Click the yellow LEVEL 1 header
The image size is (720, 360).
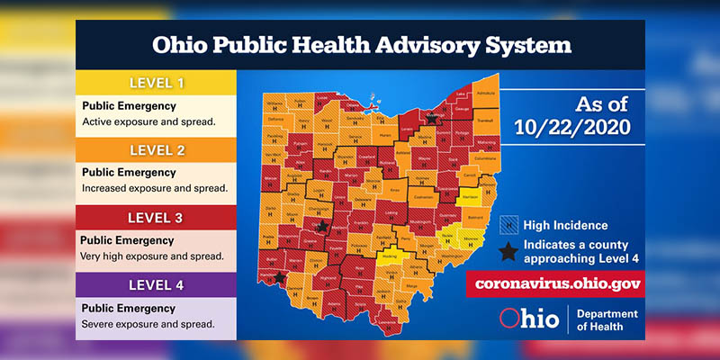155,83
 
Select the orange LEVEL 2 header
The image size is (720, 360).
155,148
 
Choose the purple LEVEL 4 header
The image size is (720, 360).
155,285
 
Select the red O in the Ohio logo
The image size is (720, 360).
508,319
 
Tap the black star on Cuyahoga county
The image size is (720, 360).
432,118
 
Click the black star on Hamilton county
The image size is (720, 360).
282,278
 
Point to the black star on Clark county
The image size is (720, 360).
323,226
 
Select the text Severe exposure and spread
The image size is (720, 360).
148,323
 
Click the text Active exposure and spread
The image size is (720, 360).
148,121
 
